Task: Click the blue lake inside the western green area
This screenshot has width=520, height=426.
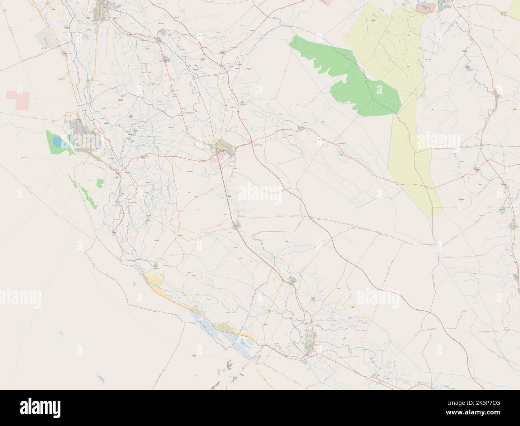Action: point(58,142)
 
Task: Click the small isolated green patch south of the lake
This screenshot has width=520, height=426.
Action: point(100,183)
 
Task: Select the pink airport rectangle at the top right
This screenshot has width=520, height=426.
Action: point(424,7)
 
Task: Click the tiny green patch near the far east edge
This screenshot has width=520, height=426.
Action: point(504,208)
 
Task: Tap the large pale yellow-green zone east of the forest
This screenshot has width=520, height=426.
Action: point(404,132)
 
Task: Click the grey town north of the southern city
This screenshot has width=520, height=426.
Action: point(292,280)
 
